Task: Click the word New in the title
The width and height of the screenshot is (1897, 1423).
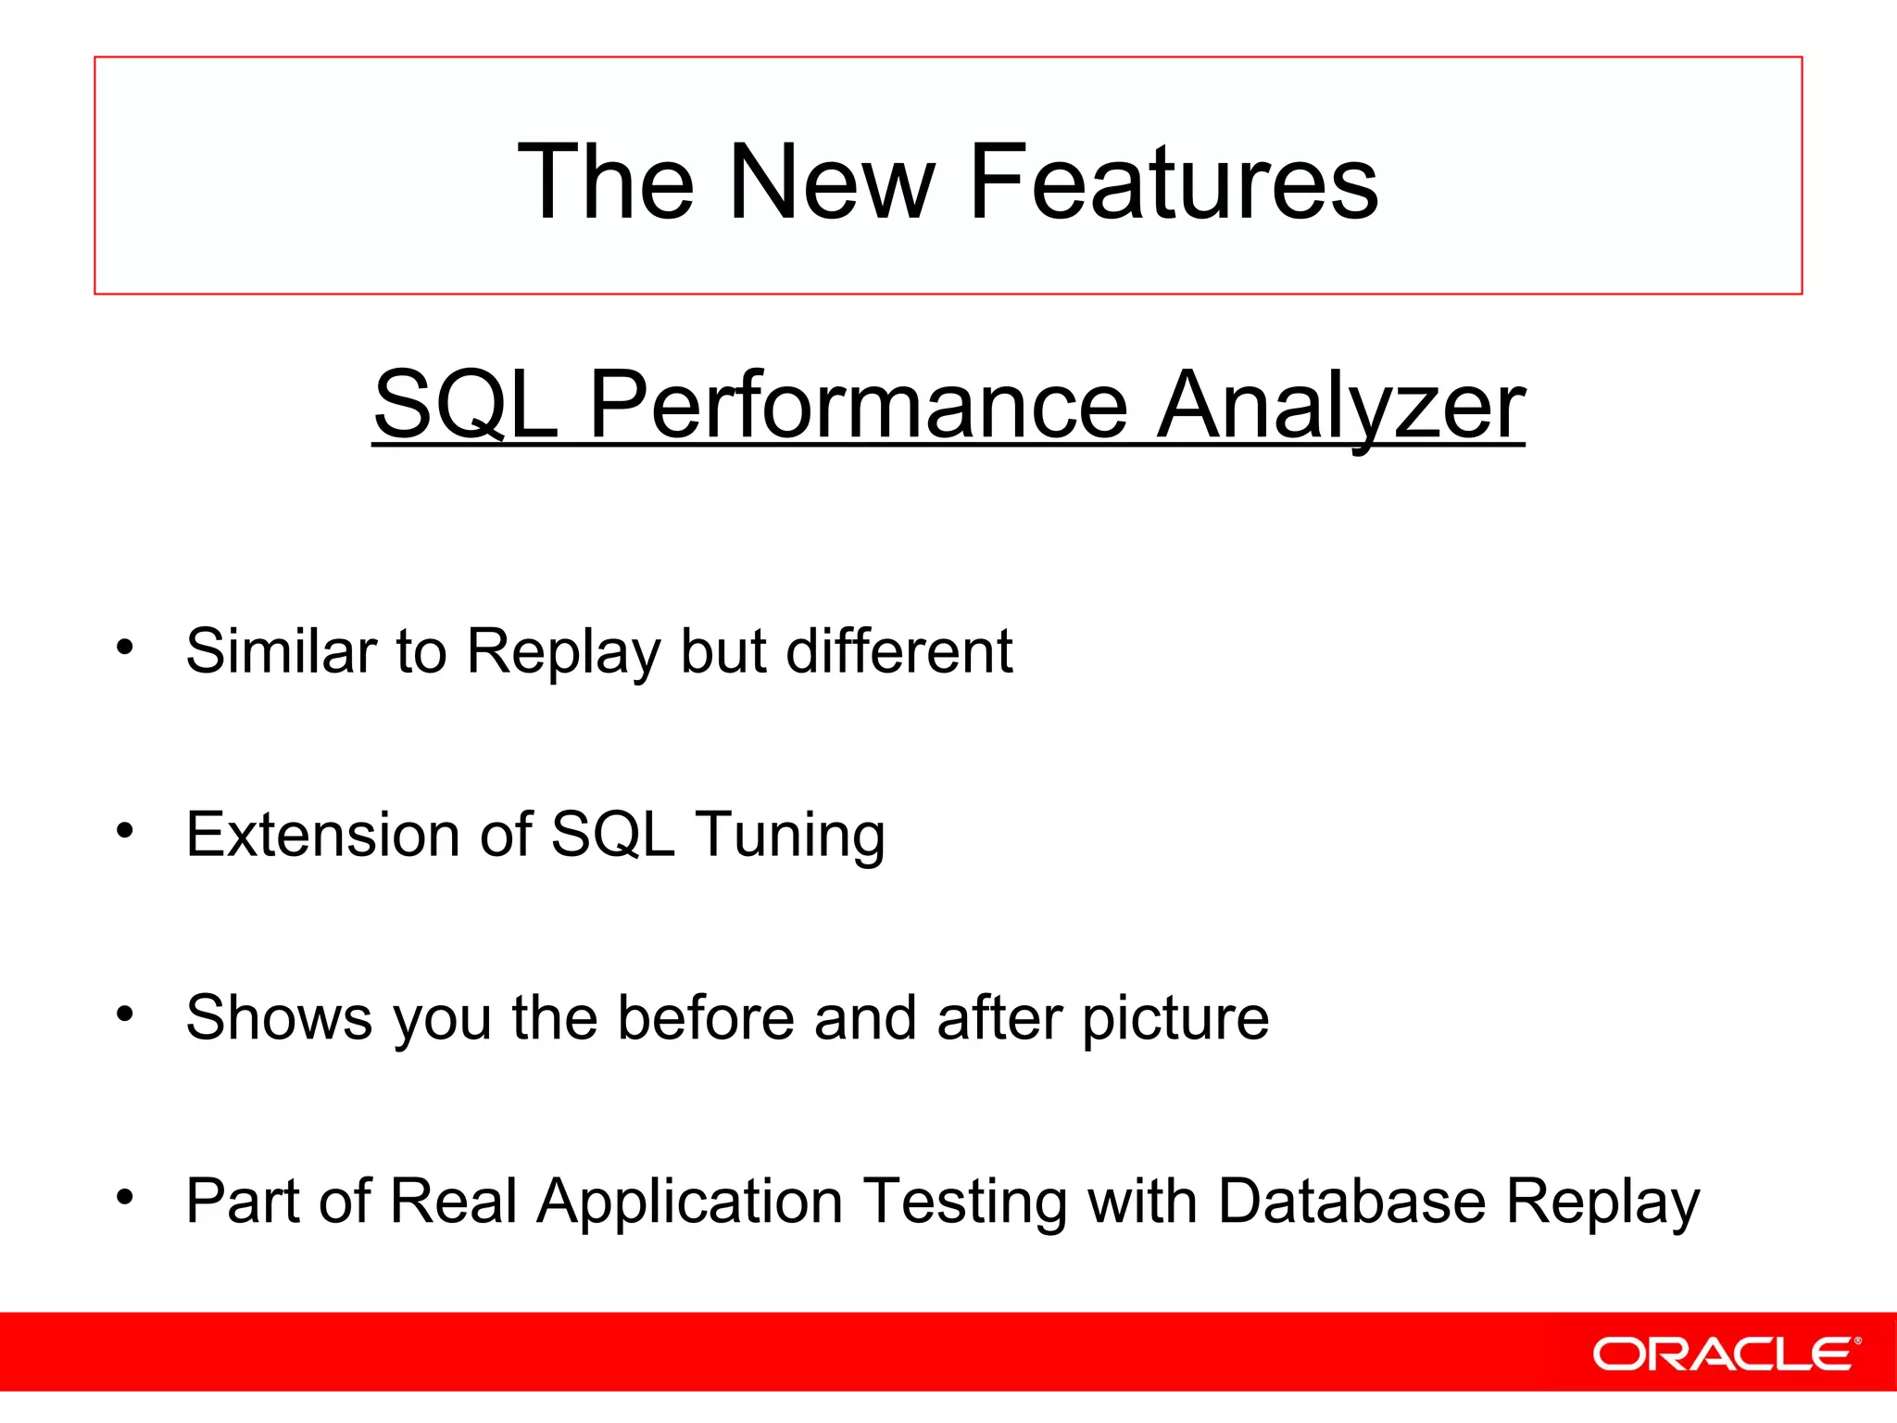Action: click(x=831, y=183)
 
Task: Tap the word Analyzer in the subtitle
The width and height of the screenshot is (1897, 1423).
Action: click(x=1340, y=406)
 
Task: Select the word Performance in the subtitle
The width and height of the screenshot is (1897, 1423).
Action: click(x=858, y=406)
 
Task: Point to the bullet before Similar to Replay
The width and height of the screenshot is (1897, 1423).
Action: click(x=125, y=647)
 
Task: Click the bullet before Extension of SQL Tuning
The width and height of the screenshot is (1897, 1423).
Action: click(x=125, y=830)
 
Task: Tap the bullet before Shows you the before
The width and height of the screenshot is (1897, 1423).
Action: click(x=125, y=1014)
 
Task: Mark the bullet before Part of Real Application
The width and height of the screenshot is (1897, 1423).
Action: click(x=125, y=1197)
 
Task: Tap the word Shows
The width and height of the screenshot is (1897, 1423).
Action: click(x=278, y=1017)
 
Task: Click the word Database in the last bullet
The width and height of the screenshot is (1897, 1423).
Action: click(x=1351, y=1201)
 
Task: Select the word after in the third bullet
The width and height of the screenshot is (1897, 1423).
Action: click(x=999, y=1017)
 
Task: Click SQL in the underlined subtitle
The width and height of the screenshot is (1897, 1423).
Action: click(x=466, y=406)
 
